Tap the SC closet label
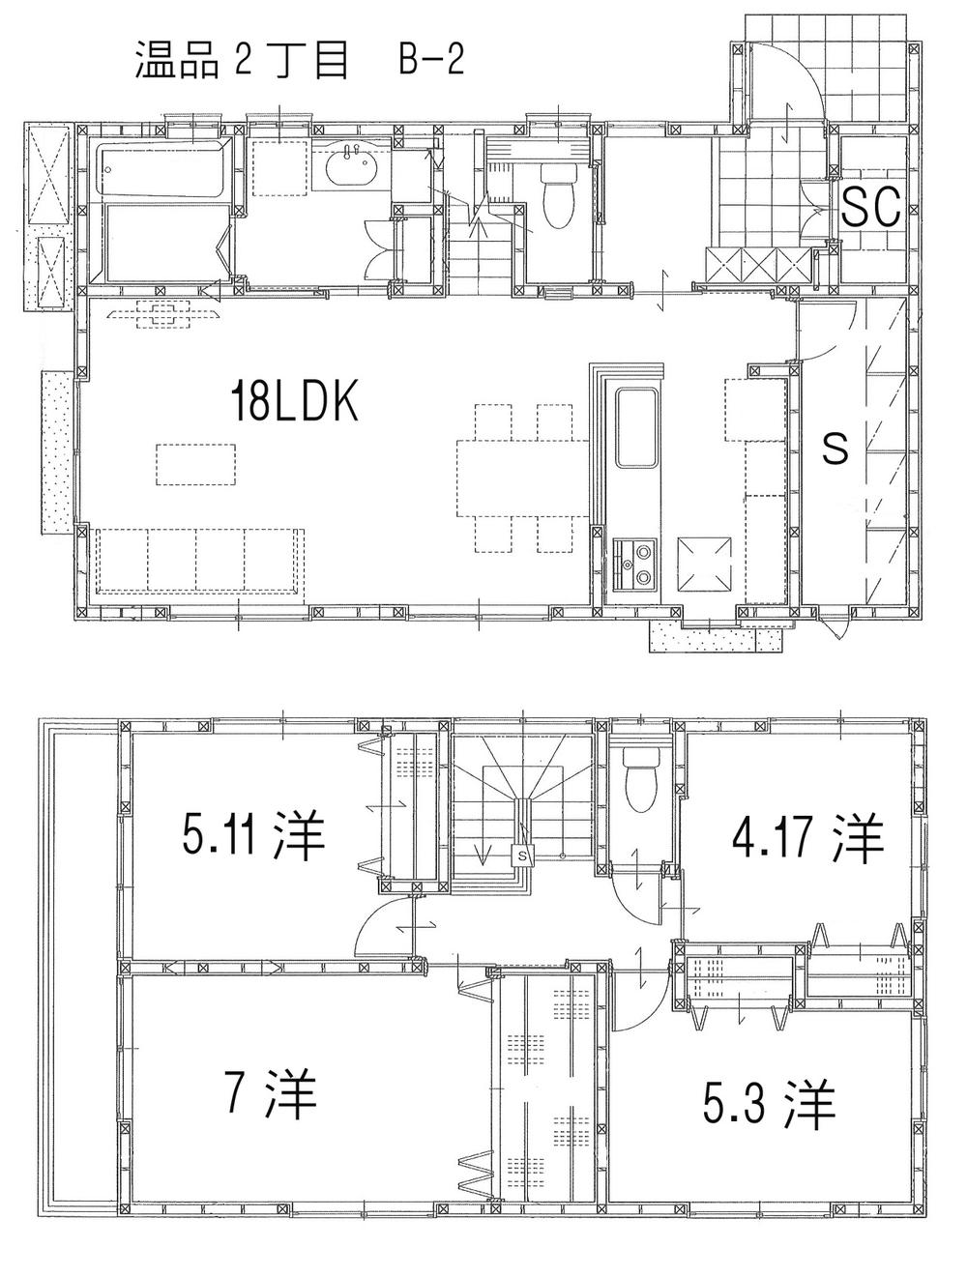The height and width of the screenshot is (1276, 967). (x=870, y=205)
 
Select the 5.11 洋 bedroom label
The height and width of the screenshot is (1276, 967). (x=252, y=837)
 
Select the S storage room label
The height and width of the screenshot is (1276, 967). (x=835, y=447)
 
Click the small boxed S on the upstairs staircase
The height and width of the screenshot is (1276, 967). (x=523, y=855)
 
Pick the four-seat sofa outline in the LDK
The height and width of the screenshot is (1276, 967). (x=198, y=560)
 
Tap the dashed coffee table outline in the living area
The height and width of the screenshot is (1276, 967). (x=197, y=463)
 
